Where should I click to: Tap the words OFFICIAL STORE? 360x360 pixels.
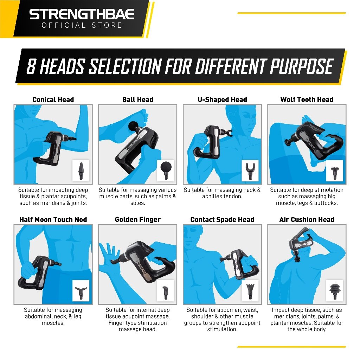click(82, 25)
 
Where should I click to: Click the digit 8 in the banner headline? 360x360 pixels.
click(31, 66)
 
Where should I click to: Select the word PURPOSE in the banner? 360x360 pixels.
click(301, 66)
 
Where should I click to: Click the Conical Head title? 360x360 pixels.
click(53, 99)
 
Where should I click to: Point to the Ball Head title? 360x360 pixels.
click(137, 99)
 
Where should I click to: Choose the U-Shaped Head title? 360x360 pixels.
click(222, 99)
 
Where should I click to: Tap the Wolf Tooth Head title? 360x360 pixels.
click(307, 99)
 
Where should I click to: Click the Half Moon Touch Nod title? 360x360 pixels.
click(53, 219)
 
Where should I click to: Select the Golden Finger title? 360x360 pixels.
click(137, 219)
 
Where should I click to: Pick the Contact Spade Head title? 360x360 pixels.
click(222, 219)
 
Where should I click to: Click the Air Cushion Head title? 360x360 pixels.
click(307, 219)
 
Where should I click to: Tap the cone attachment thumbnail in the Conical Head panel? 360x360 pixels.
click(81, 171)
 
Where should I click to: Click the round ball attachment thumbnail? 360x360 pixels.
click(166, 171)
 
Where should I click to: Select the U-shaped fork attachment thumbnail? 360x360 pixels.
click(250, 171)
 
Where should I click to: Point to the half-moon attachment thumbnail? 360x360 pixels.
click(81, 291)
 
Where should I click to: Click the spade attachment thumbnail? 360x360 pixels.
click(250, 291)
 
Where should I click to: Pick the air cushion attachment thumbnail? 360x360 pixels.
click(335, 291)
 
